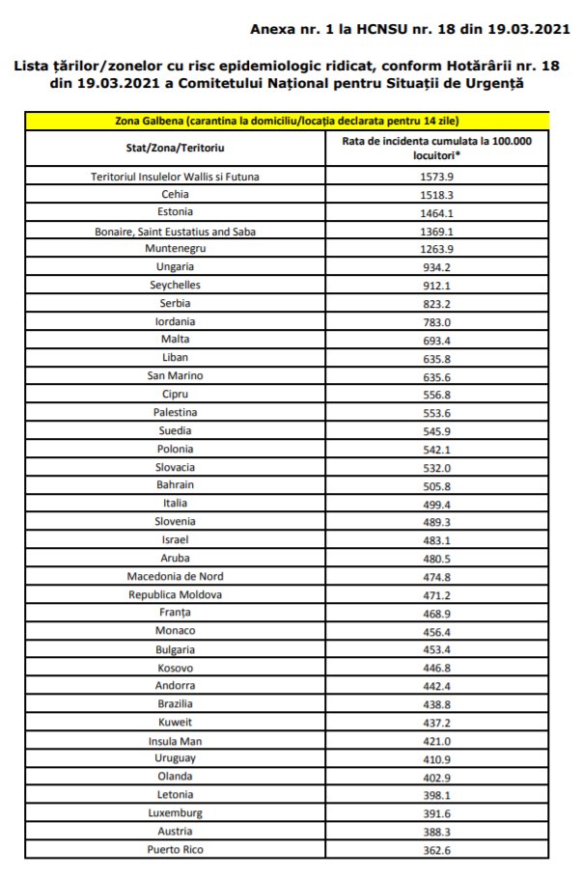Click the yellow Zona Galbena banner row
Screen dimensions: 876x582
(290, 122)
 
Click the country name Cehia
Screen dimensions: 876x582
(175, 193)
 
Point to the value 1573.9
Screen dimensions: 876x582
(437, 177)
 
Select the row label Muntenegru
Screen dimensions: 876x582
(175, 248)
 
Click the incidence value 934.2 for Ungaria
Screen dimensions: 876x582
(437, 266)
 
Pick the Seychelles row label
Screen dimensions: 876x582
(175, 285)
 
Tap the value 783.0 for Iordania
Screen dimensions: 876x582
(437, 321)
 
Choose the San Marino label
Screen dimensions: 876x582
(175, 375)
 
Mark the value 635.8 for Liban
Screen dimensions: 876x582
(437, 357)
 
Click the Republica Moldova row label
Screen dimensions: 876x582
(175, 594)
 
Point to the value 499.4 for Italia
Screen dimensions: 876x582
(437, 503)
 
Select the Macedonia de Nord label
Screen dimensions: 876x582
(175, 576)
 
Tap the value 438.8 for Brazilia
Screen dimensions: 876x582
(437, 704)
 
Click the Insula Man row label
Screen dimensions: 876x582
(175, 741)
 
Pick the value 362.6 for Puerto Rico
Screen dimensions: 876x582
(437, 849)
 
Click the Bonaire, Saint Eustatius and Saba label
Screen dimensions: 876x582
(175, 231)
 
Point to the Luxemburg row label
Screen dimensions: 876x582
(175, 813)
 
